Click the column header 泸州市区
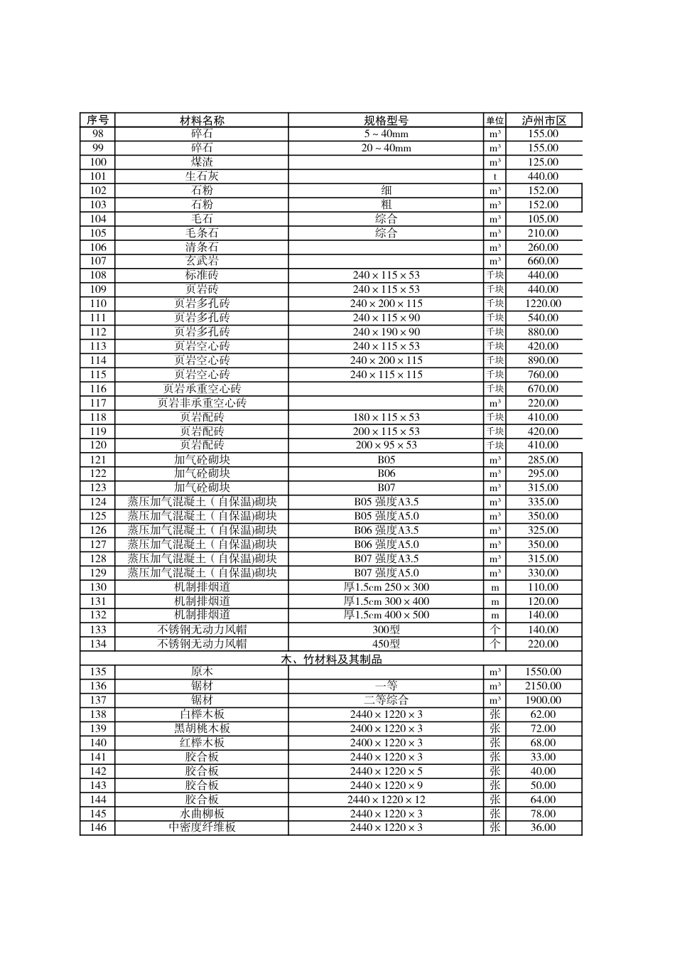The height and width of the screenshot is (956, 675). pos(544,120)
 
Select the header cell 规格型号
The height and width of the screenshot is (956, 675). pos(386,120)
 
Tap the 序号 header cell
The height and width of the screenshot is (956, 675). pos(97,120)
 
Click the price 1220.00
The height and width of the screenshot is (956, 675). pos(543,304)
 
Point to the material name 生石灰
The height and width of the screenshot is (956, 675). pos(202,176)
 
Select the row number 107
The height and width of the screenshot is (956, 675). pos(98,261)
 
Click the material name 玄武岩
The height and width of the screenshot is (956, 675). pos(202,261)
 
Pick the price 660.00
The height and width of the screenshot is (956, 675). pos(543,261)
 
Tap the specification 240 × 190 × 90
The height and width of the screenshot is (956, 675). pos(386,332)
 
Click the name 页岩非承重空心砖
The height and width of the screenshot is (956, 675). pos(202,403)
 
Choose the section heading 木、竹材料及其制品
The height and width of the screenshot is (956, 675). pos(331,659)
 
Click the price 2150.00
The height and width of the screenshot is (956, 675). pos(543,686)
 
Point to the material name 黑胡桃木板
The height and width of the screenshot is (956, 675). pos(202,729)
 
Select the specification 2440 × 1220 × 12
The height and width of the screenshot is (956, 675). pos(386,800)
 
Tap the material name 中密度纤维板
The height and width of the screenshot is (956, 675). pos(202,827)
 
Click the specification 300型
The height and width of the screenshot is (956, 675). pos(386,630)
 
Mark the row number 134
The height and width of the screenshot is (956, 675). pos(98,644)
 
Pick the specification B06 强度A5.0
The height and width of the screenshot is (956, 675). pos(386,544)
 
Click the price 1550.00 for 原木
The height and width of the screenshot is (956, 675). pos(543,672)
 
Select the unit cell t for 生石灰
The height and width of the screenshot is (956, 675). pos(495,176)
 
